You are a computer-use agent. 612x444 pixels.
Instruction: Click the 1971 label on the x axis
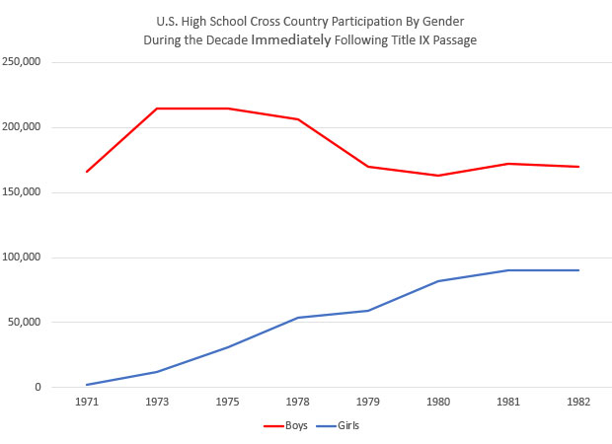coord(87,403)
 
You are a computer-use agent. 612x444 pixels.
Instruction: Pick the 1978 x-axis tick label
coord(297,403)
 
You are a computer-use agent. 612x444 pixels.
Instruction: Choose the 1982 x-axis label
coord(578,403)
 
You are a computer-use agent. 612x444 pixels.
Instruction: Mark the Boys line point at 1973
coord(157,109)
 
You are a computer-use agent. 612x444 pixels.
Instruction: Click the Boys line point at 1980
coord(437,176)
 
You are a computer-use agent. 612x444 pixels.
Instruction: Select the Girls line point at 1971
coord(87,385)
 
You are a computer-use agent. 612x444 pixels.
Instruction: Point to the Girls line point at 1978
coord(297,318)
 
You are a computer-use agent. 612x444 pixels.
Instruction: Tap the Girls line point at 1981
coord(508,270)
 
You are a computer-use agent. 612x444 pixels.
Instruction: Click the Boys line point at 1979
coord(367,167)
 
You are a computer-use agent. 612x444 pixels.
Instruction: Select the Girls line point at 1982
coord(578,270)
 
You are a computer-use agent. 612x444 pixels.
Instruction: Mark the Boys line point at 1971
coord(87,172)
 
